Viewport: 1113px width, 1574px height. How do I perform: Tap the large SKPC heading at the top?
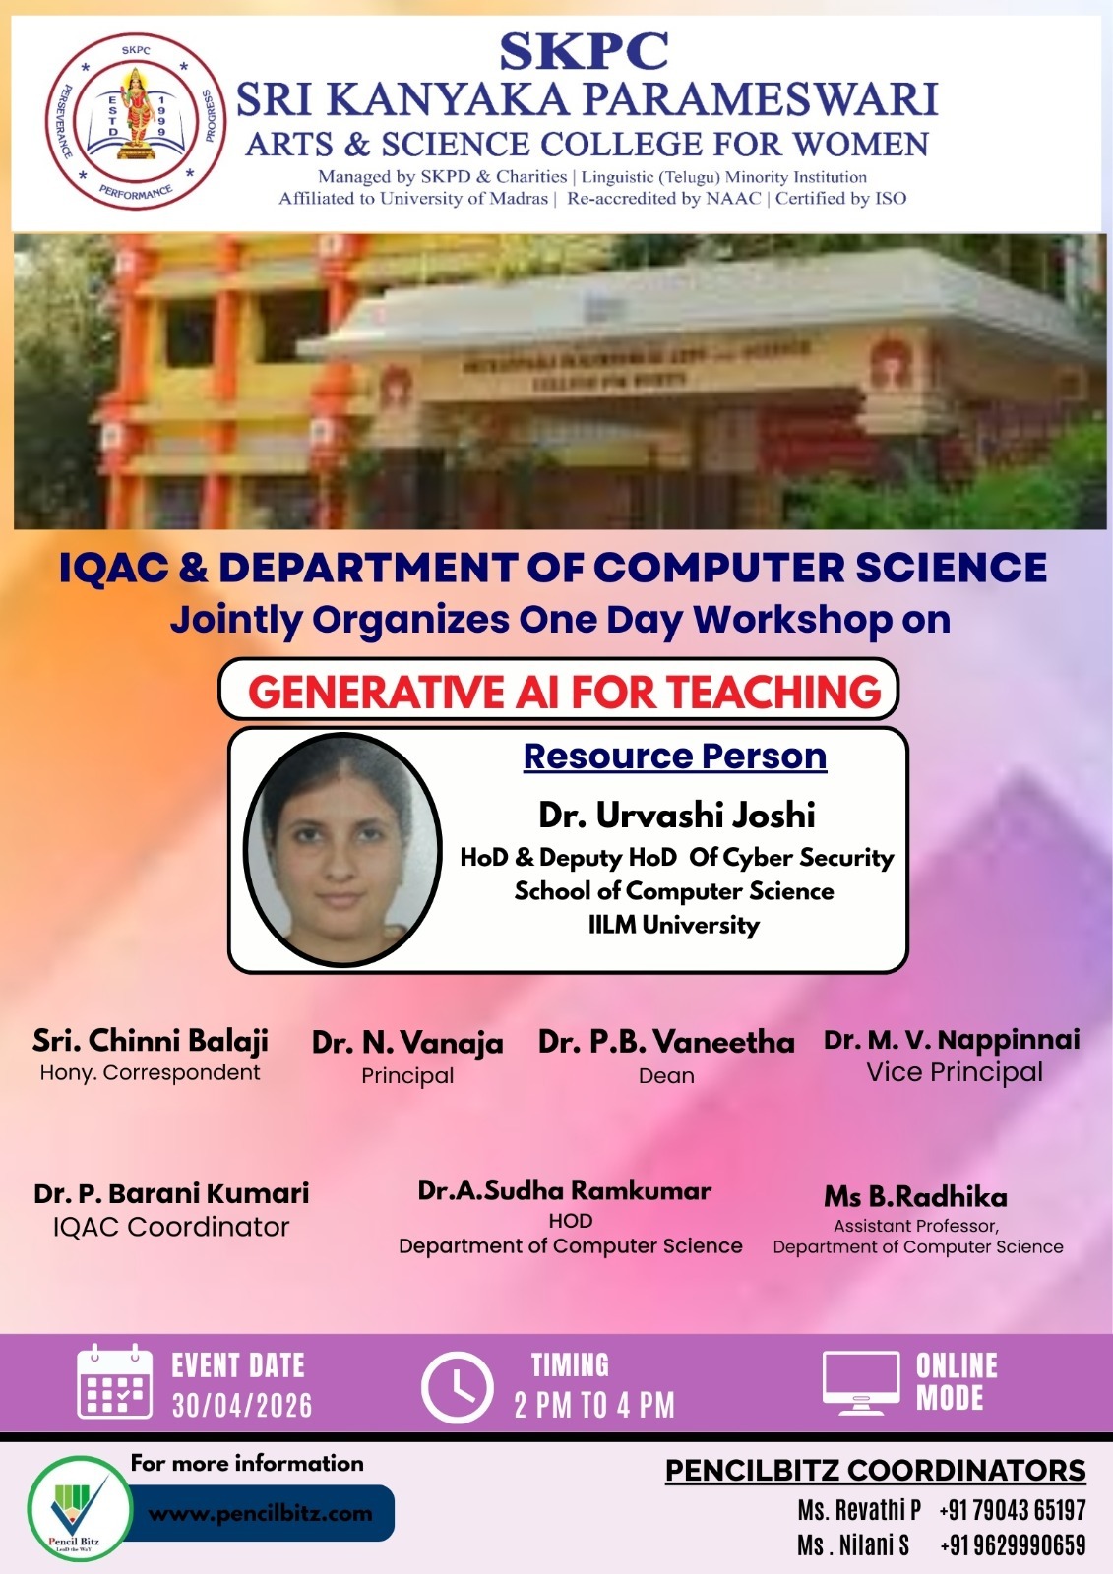584,52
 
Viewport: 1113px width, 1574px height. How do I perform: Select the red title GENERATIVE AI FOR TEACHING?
564,693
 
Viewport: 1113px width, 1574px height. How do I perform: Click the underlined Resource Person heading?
675,757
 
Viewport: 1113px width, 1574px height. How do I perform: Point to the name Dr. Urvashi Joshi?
677,815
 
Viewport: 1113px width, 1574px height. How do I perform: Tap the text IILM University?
674,925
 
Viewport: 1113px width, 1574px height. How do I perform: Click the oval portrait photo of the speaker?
341,849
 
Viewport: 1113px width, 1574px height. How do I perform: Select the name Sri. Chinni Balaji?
150,1041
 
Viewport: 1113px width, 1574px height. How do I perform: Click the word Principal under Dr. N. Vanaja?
407,1075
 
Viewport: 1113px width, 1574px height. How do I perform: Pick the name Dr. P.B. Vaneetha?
666,1042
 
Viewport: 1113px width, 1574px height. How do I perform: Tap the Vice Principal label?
954,1072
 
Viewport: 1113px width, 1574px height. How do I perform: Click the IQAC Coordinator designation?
171,1227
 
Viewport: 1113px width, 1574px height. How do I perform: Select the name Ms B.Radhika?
915,1196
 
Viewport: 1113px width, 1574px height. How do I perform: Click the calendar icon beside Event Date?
115,1382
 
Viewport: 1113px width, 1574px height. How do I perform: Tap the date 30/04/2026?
242,1406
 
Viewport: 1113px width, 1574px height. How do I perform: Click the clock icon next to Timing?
457,1387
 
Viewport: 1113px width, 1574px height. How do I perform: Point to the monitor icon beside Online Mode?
861,1382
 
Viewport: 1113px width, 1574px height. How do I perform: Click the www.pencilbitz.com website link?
261,1513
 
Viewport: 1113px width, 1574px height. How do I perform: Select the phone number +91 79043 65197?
1012,1510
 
